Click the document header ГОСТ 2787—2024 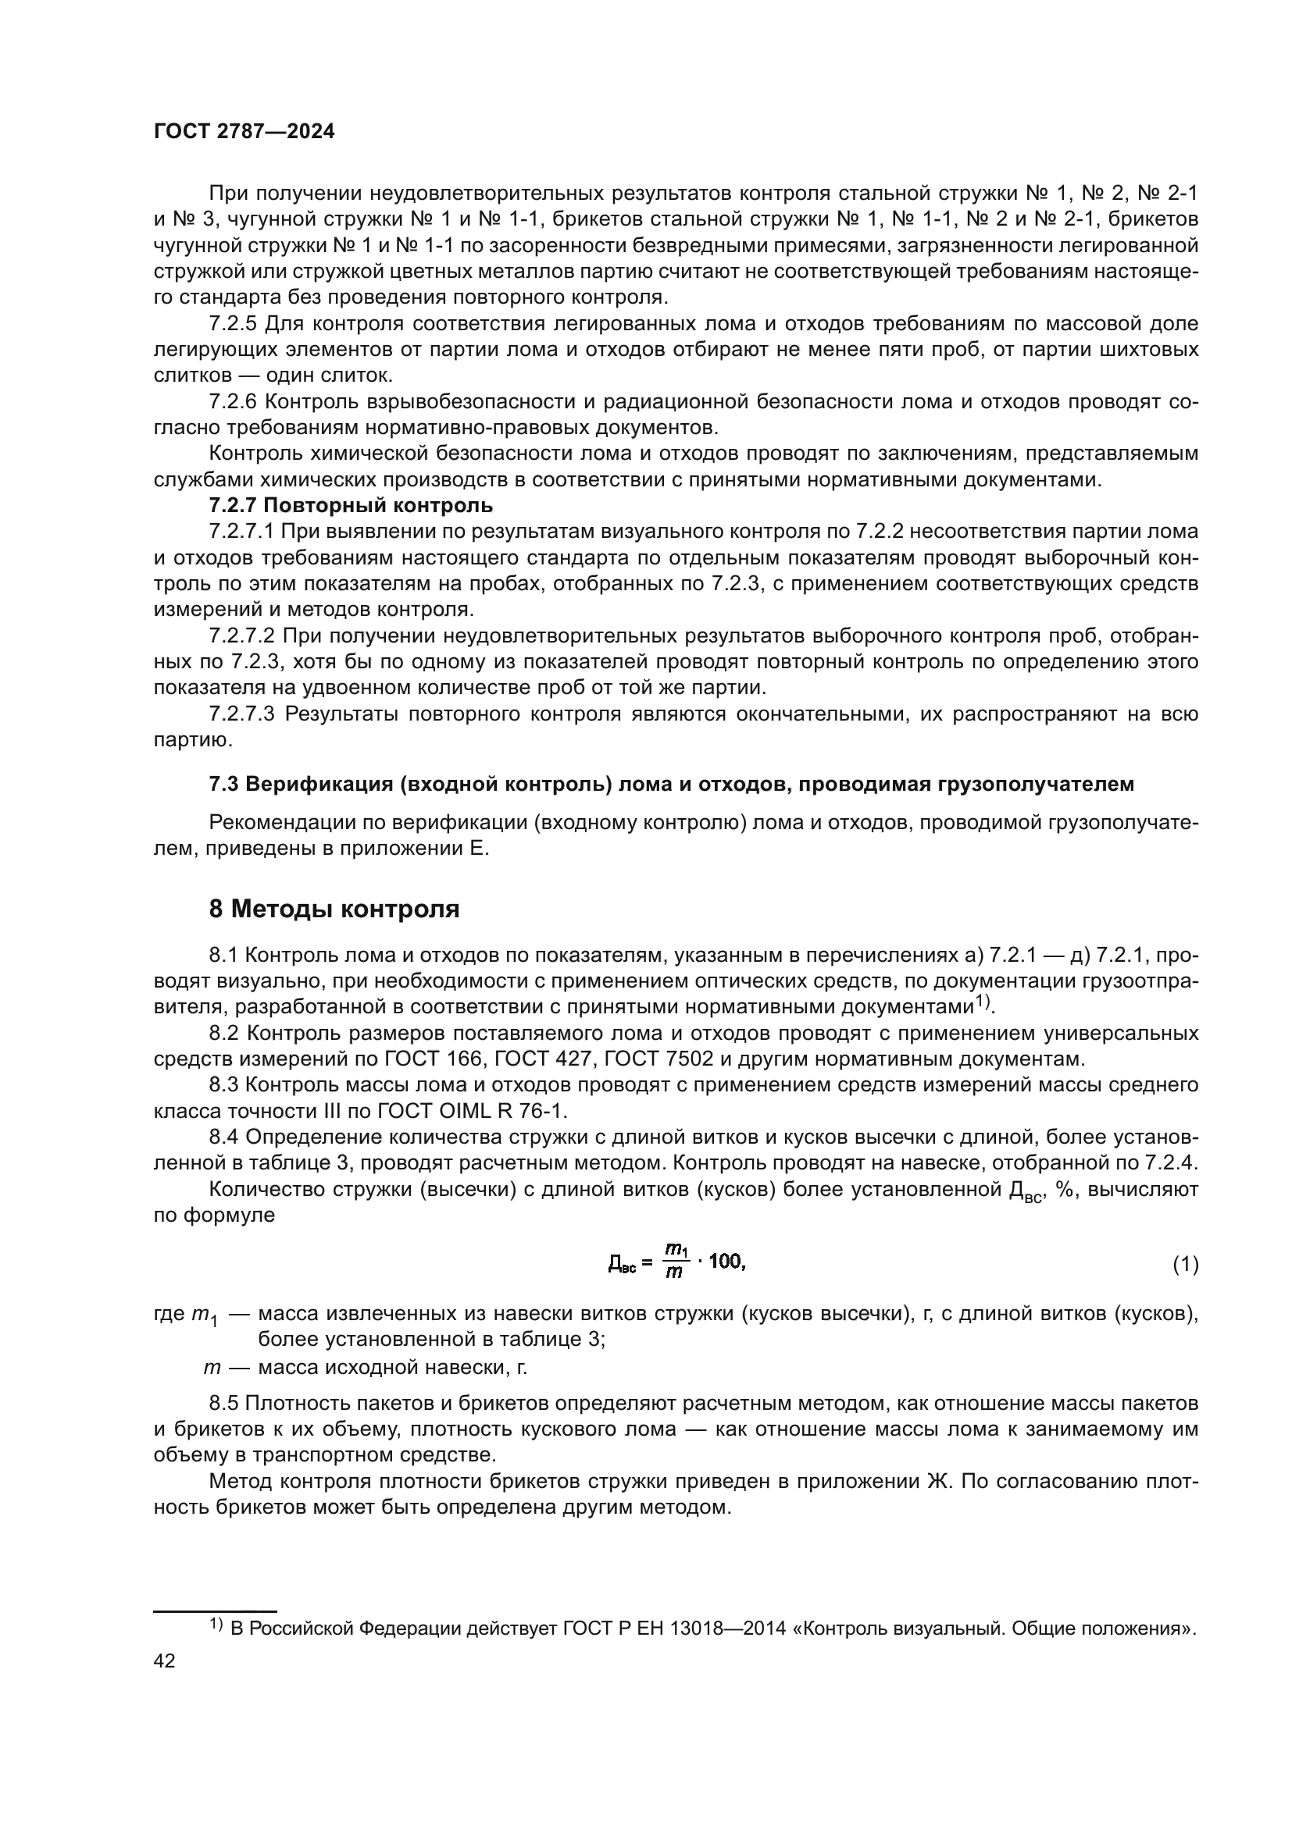[x=244, y=132]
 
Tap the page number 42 [x=165, y=1660]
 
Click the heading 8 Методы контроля [x=334, y=909]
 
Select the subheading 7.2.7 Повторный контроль [x=351, y=506]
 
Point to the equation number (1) [x=1186, y=1265]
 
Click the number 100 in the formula [x=725, y=1262]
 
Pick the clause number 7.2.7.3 [x=242, y=714]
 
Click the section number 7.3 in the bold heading [x=223, y=784]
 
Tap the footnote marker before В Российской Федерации [x=216, y=1625]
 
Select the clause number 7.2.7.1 [x=242, y=532]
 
